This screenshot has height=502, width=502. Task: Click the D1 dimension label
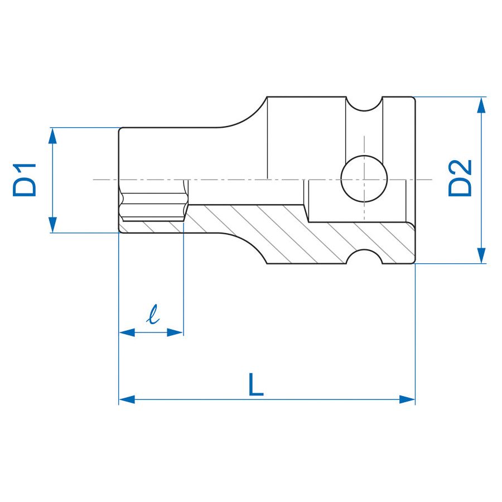point(25,180)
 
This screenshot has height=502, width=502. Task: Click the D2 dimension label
point(461,178)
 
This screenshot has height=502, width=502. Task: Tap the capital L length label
point(255,384)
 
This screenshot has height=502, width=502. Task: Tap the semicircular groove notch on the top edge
point(364,105)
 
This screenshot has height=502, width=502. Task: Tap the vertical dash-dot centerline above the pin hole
point(363,145)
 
